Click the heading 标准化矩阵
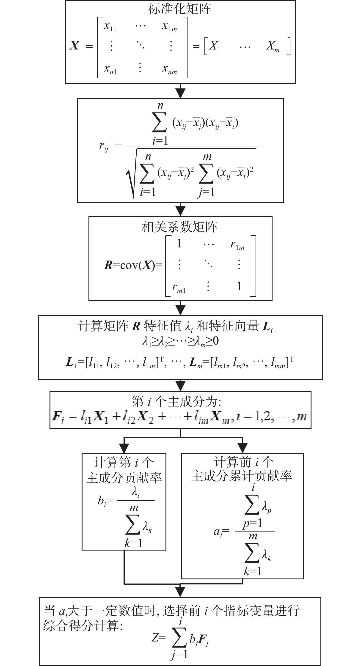coord(180,9)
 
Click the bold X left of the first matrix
coord(74,46)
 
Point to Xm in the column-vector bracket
coord(273,47)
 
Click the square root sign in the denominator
coord(132,173)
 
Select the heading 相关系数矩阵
coord(179,227)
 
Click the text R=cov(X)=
coord(133,265)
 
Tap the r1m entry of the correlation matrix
coord(237,245)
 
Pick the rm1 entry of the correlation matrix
coord(179,288)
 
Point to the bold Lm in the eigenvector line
coord(196,363)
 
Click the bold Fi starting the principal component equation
coord(58,417)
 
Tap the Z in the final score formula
coord(155,638)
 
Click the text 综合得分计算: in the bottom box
coord(83,626)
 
